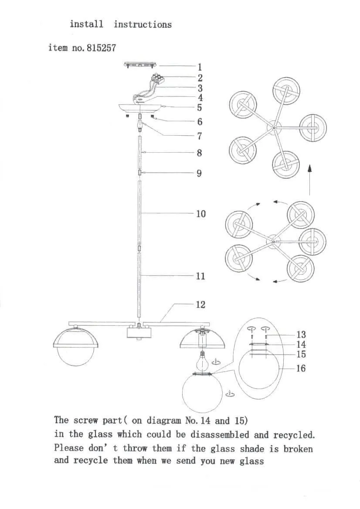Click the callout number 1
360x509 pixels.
coord(200,67)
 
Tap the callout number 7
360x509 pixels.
coord(200,136)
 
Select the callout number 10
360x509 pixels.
coord(200,214)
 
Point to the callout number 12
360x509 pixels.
coord(200,304)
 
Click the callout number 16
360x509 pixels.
coord(301,369)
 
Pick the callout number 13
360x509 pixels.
coord(301,335)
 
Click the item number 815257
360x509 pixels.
coord(101,48)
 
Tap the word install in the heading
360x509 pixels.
coord(86,24)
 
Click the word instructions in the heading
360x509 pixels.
coord(143,25)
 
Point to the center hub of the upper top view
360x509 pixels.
coord(274,127)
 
